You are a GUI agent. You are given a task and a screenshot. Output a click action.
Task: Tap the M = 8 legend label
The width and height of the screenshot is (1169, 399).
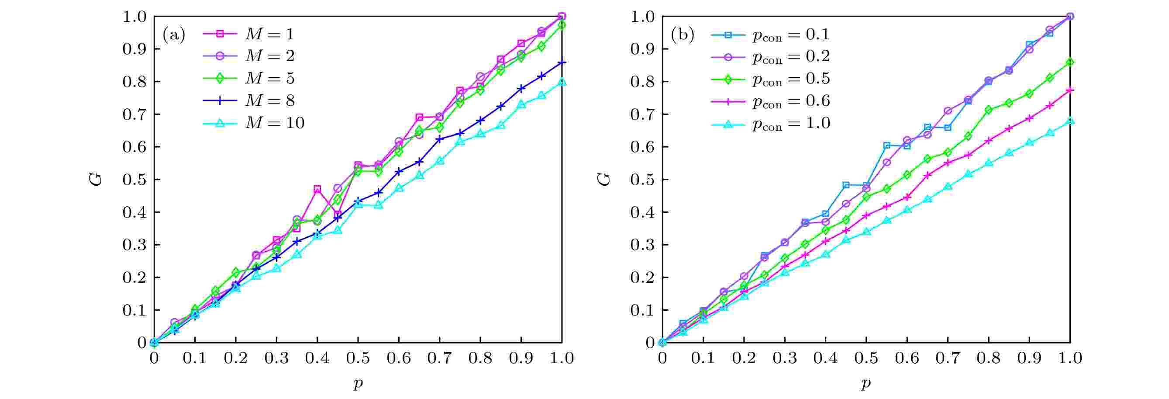(x=269, y=101)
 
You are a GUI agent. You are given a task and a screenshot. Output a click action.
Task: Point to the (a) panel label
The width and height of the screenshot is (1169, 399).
(x=174, y=35)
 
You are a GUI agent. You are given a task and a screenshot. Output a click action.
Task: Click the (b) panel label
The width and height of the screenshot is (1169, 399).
(x=682, y=35)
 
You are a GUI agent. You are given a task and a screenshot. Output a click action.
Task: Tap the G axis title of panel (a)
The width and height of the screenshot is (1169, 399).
(x=96, y=180)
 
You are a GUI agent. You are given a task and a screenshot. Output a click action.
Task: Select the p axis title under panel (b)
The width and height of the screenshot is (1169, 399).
(x=866, y=384)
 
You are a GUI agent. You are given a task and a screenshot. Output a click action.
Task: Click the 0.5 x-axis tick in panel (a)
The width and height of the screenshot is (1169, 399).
(x=358, y=358)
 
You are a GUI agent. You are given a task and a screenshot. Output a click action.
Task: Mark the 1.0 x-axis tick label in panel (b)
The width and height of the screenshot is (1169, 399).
(x=1069, y=358)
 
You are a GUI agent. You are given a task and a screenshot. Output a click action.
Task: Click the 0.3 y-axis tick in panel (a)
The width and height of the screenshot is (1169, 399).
(x=135, y=245)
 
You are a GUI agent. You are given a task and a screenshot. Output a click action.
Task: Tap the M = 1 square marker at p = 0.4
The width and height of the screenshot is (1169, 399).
(x=317, y=189)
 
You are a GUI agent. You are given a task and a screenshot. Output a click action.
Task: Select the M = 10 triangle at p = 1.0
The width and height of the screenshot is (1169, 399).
(x=562, y=82)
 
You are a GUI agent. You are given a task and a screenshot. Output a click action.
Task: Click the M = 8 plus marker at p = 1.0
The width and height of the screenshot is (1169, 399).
(x=562, y=62)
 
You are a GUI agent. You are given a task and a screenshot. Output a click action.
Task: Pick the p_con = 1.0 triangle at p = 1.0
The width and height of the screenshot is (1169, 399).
(x=1070, y=121)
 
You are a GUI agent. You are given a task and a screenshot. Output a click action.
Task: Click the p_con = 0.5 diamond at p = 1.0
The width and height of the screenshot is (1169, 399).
(x=1070, y=62)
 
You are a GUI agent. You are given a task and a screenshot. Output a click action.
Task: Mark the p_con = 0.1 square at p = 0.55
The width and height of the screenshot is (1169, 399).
(x=887, y=145)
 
